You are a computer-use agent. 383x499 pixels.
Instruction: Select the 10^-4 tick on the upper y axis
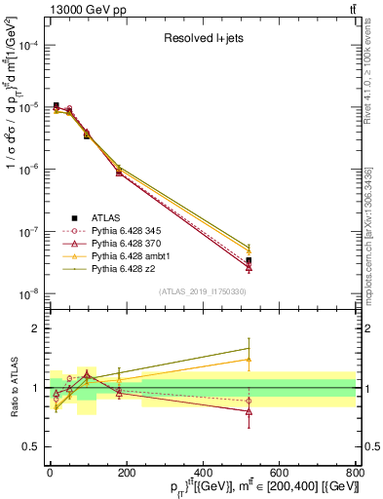click(x=29, y=46)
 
